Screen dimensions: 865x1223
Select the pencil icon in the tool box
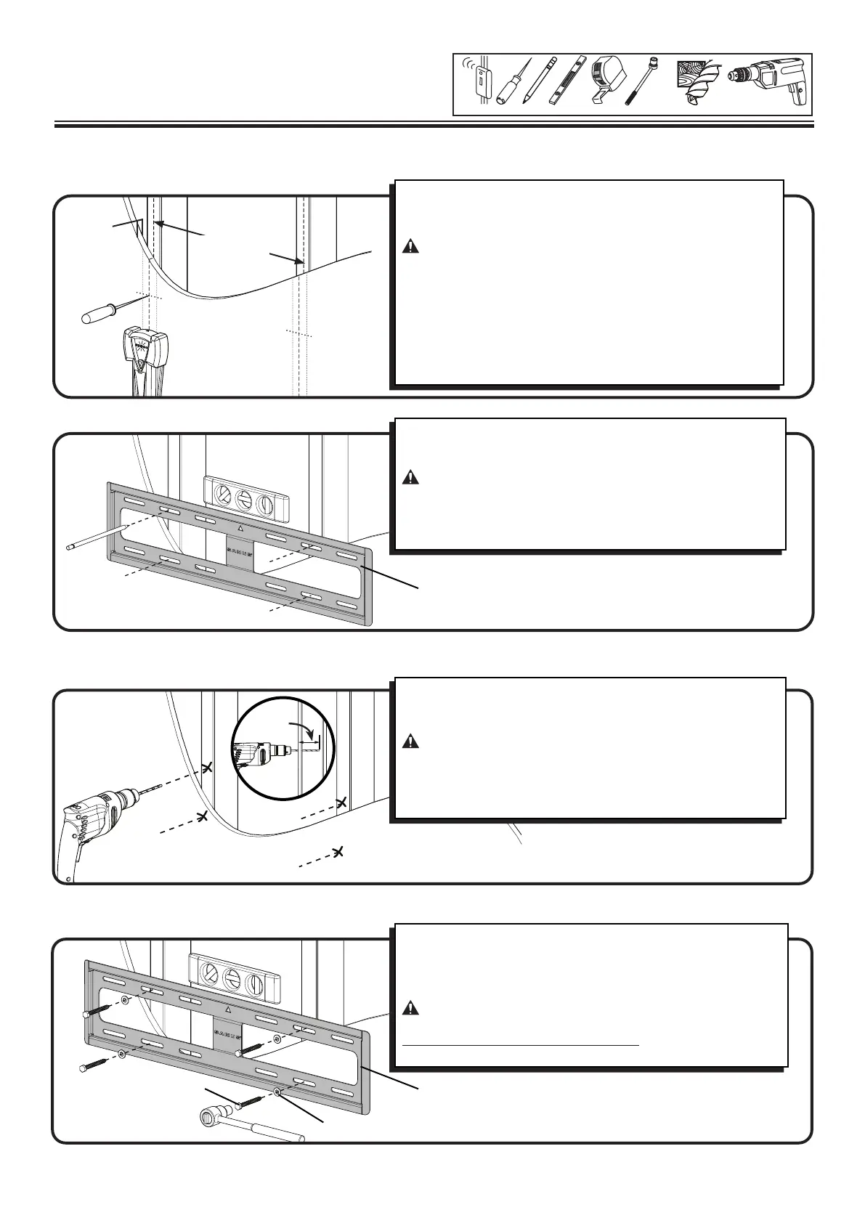pos(537,82)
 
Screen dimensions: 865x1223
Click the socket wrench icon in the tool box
pos(640,82)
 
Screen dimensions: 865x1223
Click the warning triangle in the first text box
pos(411,247)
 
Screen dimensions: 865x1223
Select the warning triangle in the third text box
pos(411,742)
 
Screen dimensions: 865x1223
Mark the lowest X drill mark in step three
pos(338,851)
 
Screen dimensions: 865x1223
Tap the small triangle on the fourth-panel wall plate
pos(228,1010)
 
